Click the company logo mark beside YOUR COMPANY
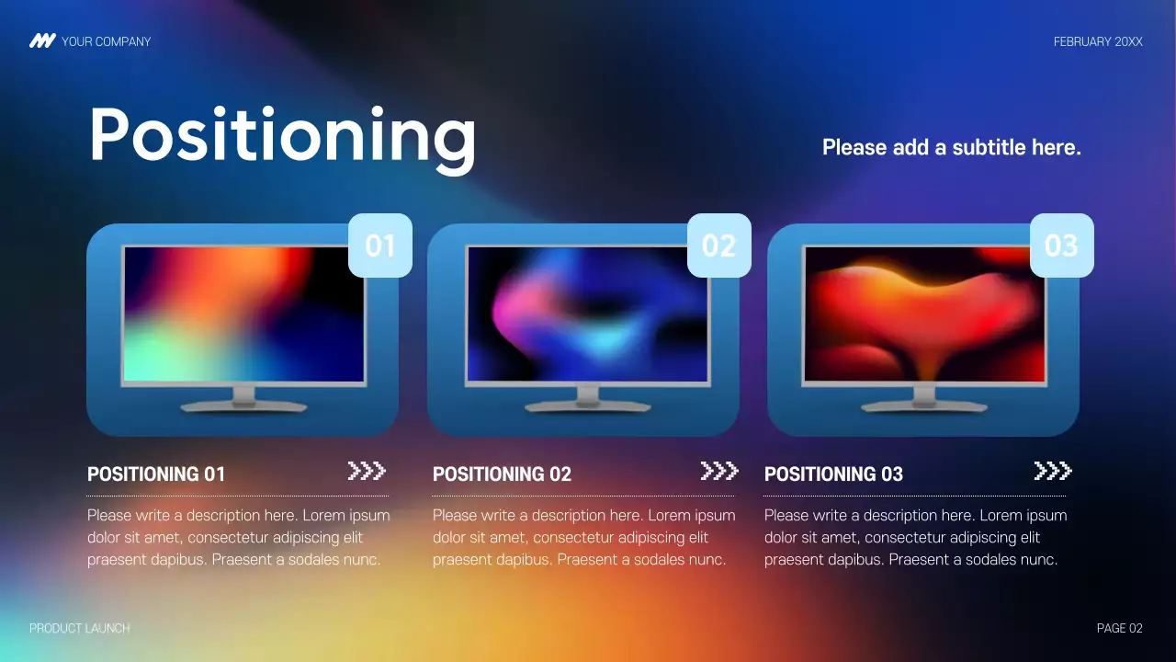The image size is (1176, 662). [x=42, y=41]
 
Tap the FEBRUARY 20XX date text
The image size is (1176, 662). [x=1098, y=41]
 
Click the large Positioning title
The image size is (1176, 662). [x=282, y=135]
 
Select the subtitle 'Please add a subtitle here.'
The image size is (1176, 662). [x=951, y=147]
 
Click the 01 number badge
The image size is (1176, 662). [x=380, y=245]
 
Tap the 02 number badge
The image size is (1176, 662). [x=719, y=245]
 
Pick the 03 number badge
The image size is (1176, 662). [x=1061, y=245]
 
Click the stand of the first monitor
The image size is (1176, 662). [x=243, y=399]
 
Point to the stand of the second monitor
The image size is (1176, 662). [x=587, y=399]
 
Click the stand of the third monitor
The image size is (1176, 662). [x=924, y=399]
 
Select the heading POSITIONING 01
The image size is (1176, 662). [x=156, y=474]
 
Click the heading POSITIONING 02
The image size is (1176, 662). [x=502, y=474]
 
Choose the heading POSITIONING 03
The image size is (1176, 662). [x=833, y=474]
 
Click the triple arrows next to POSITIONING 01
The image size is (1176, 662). [x=367, y=472]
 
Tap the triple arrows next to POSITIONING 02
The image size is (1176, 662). [x=719, y=472]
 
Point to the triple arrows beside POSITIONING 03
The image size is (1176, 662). [x=1053, y=472]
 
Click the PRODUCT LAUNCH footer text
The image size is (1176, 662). [x=80, y=628]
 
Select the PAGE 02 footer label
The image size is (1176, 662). [x=1120, y=628]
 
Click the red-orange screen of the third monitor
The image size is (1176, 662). [x=924, y=314]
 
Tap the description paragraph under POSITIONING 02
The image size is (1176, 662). [x=583, y=537]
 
